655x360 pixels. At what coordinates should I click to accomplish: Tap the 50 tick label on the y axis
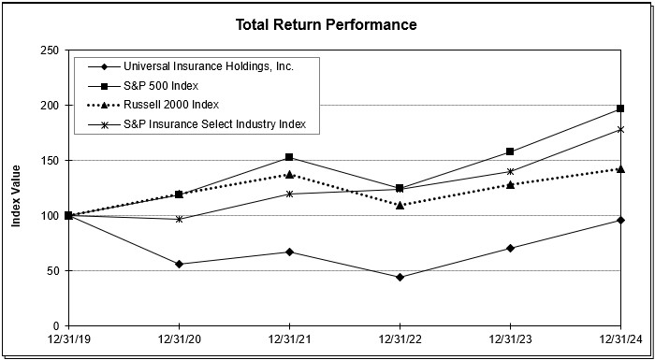51,271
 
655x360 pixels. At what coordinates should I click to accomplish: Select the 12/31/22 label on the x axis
400,338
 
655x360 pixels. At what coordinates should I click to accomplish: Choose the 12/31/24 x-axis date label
620,338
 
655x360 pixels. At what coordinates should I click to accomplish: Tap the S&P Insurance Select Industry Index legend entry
215,123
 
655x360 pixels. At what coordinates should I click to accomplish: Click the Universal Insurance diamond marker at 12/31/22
400,277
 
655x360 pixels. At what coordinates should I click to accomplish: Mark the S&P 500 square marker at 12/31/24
620,108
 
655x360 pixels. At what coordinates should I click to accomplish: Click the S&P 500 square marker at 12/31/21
289,157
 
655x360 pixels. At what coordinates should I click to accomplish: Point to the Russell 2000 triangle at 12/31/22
400,205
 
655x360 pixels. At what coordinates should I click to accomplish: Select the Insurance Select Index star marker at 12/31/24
620,129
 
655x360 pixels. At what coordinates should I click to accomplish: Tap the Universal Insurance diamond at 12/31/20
179,264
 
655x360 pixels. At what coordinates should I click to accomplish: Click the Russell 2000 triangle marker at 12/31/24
620,169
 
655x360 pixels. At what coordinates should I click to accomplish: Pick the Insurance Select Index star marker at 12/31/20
179,219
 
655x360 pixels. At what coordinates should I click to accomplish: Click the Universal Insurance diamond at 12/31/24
620,220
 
